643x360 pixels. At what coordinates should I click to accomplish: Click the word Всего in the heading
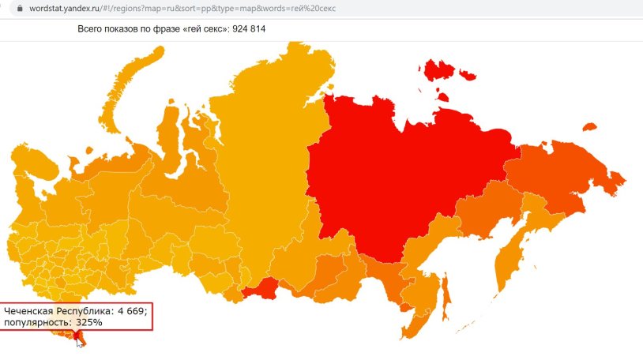92,29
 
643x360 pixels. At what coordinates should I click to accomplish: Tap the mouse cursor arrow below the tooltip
78,342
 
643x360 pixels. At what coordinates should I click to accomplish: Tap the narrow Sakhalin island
445,292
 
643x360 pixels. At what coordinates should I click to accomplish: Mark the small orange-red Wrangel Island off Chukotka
588,126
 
